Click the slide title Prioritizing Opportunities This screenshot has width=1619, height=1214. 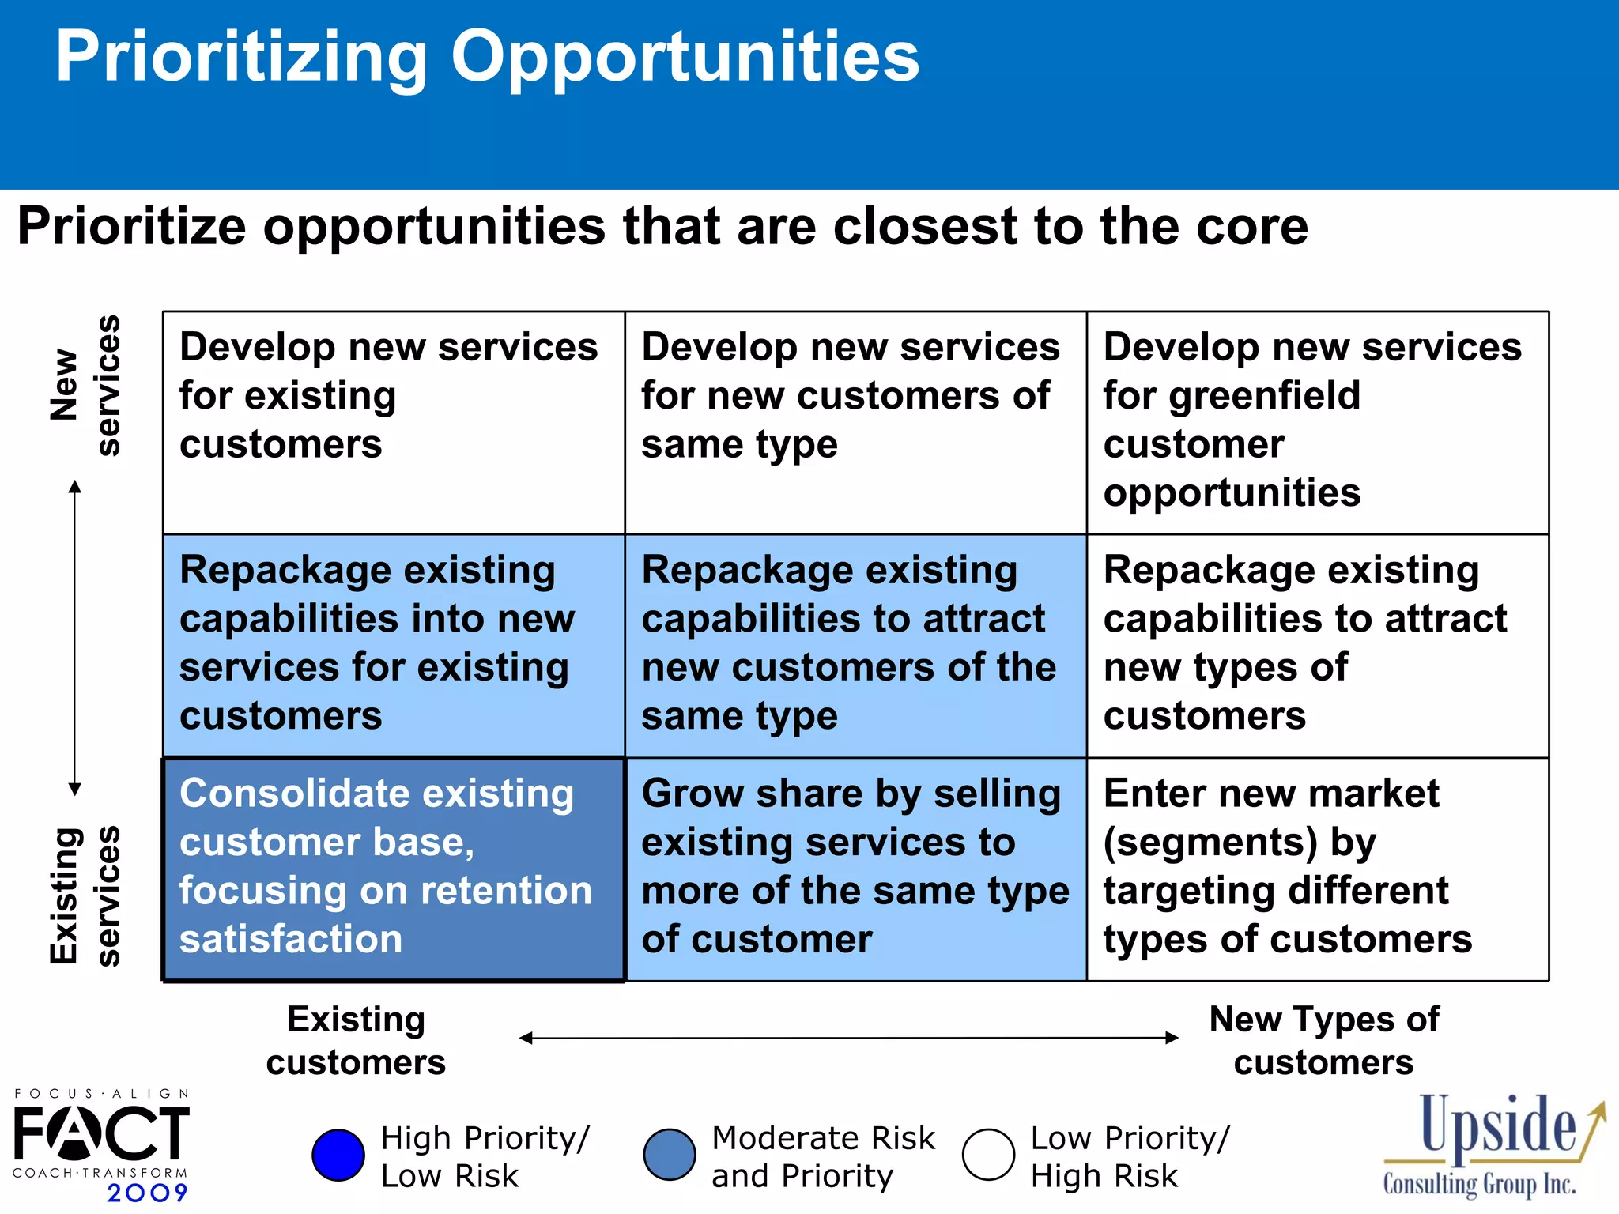point(487,57)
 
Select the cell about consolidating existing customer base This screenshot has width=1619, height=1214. point(393,869)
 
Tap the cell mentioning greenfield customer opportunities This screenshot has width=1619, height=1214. point(1316,421)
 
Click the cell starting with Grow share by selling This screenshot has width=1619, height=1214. point(855,869)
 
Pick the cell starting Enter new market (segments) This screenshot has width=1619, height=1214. point(1316,869)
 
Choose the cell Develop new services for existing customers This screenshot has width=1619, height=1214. point(393,421)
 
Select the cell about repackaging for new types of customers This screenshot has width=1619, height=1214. point(1316,644)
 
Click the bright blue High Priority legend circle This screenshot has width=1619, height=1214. point(338,1155)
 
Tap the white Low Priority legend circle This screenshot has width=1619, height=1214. point(988,1155)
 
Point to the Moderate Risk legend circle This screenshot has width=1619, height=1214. point(670,1155)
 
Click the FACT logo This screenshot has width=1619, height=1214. point(101,1133)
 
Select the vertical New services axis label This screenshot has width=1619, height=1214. point(85,386)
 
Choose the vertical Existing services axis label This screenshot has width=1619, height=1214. point(85,896)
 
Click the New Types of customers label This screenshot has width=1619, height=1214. point(1323,1040)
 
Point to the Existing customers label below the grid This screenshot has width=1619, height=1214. point(356,1040)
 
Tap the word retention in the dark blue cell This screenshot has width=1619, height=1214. point(506,891)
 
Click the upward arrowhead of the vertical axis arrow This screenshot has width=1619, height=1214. point(75,485)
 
